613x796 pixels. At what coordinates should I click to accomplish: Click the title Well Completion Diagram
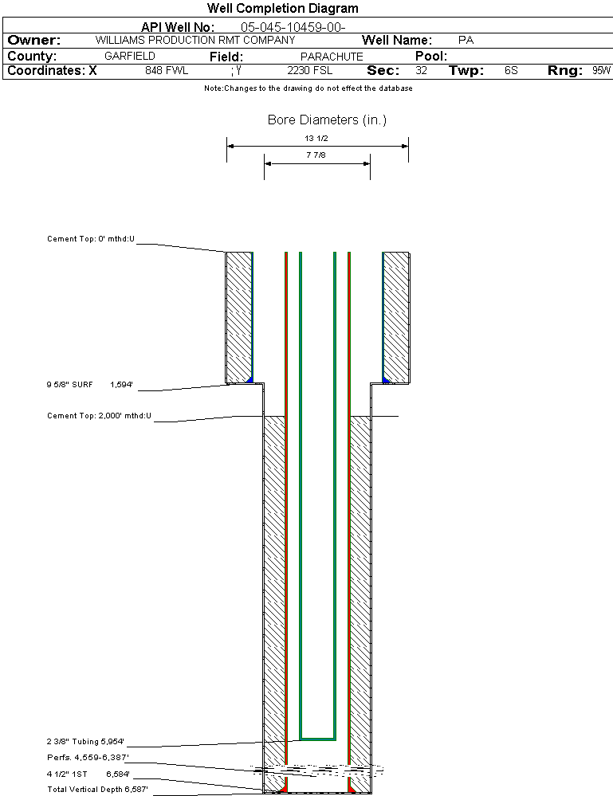click(x=282, y=8)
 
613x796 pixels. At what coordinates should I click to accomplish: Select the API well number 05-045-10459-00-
click(x=293, y=27)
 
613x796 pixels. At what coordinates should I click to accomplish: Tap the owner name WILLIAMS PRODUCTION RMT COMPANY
click(x=195, y=40)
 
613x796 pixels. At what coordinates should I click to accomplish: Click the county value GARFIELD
click(x=129, y=56)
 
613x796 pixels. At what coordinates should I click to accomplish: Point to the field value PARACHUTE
click(x=332, y=57)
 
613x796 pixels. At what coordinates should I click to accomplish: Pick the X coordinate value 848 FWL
click(x=167, y=71)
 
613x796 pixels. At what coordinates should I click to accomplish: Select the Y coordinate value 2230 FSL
click(x=309, y=71)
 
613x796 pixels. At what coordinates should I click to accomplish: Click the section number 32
click(x=421, y=71)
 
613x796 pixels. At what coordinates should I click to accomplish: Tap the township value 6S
click(x=511, y=71)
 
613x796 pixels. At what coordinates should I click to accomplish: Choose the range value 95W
click(x=601, y=71)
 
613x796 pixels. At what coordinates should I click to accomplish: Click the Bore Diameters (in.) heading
click(x=327, y=120)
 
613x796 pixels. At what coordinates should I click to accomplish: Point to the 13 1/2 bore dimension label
click(x=316, y=138)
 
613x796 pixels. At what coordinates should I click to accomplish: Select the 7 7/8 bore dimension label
click(x=316, y=155)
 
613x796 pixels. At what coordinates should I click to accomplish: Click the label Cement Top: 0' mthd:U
click(x=91, y=238)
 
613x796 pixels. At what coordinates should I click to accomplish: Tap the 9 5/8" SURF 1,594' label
click(x=90, y=385)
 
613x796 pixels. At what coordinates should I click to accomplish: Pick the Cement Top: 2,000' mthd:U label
click(x=99, y=416)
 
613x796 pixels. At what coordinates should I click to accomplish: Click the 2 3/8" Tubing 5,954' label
click(x=85, y=742)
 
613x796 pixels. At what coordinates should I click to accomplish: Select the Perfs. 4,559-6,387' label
click(x=88, y=758)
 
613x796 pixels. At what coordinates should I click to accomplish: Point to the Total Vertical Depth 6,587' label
click(x=97, y=790)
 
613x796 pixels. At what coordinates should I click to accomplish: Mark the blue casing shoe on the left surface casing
click(x=250, y=380)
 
